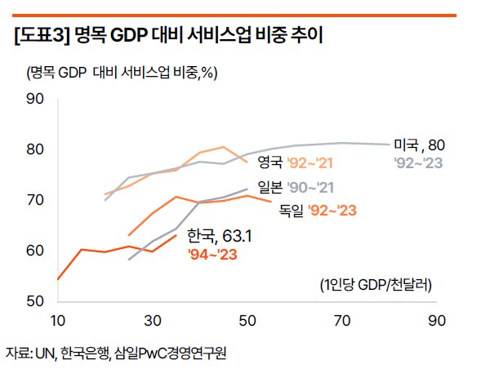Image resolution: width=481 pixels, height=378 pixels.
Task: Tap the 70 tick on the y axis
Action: pyautogui.click(x=34, y=200)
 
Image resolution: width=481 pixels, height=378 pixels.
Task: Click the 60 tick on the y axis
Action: pyautogui.click(x=34, y=251)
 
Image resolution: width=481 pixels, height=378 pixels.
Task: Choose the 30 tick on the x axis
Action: pyautogui.click(x=153, y=319)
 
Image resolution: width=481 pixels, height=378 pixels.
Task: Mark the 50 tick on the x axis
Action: pyautogui.click(x=247, y=319)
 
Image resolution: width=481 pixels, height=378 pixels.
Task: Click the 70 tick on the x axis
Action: pyautogui.click(x=343, y=319)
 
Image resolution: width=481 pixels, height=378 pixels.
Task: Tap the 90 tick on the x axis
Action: pyautogui.click(x=438, y=319)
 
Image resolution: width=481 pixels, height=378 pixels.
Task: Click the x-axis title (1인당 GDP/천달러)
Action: pyautogui.click(x=376, y=285)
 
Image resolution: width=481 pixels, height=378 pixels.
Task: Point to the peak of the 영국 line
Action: pyautogui.click(x=224, y=147)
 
